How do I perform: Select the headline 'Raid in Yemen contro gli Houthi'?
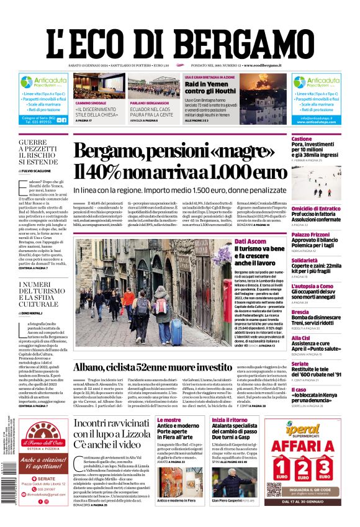(210, 88)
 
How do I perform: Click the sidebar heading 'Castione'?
(302, 138)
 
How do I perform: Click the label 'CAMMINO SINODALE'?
(91, 103)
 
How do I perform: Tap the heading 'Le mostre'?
(168, 420)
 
